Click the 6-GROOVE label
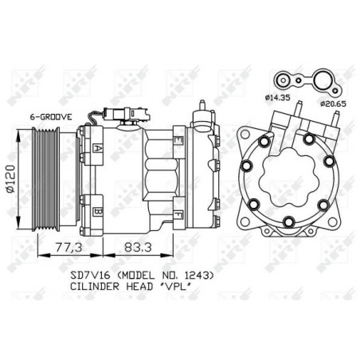coord(51,117)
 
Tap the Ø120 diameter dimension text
coord(10,178)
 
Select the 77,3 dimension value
coord(69,247)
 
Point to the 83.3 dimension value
coord(139,247)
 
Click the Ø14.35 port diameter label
coord(277,98)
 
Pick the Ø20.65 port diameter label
coord(333,104)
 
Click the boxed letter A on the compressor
coord(98,148)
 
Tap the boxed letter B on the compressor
coord(98,212)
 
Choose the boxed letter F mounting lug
coord(178,214)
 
